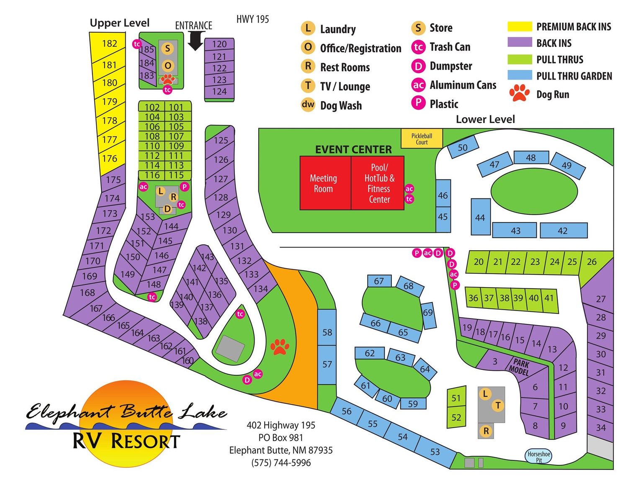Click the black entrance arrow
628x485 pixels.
[x=195, y=41]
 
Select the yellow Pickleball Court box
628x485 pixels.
[x=422, y=139]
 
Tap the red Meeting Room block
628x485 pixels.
[x=324, y=183]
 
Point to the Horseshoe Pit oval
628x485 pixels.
[x=538, y=456]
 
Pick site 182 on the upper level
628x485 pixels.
[x=109, y=44]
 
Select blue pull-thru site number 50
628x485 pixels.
[x=463, y=147]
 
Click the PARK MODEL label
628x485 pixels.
[x=520, y=367]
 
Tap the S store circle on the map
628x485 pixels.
[x=167, y=48]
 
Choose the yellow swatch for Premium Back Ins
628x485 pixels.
[x=520, y=26]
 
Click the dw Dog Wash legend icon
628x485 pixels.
[x=308, y=105]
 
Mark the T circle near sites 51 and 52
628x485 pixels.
[x=498, y=405]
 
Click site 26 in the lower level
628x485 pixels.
[x=592, y=262]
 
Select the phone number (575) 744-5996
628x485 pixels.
[x=281, y=462]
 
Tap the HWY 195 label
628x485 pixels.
[x=252, y=19]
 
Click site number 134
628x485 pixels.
[x=261, y=288]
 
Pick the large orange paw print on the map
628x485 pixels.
[x=280, y=347]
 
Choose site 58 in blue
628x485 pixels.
[x=327, y=332]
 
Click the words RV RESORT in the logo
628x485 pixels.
[x=126, y=441]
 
